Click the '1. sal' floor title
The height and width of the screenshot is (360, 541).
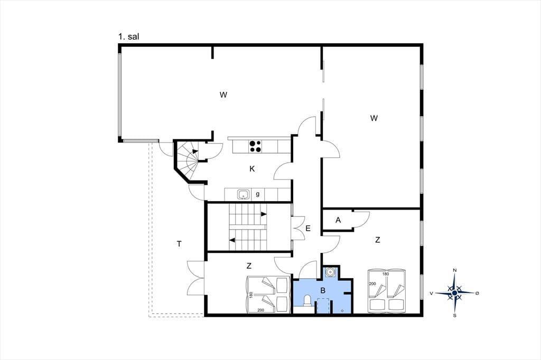(x=129, y=36)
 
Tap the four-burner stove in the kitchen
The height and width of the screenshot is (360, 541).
(x=255, y=146)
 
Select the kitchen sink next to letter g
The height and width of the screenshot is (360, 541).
(x=244, y=194)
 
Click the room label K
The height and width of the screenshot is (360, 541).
(x=252, y=168)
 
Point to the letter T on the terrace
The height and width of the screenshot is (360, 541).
(x=179, y=244)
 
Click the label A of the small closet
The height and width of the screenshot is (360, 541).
(x=338, y=220)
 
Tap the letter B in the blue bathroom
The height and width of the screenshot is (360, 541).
(x=323, y=291)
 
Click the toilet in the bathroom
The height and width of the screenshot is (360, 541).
(x=307, y=301)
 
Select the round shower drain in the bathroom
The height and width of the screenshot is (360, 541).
(x=331, y=272)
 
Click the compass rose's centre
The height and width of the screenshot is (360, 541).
(x=455, y=293)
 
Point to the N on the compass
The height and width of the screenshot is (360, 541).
(x=455, y=270)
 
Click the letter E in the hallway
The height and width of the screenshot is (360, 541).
(x=308, y=228)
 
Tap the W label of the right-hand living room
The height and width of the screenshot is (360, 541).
(x=374, y=118)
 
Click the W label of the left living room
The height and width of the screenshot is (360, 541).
(x=223, y=94)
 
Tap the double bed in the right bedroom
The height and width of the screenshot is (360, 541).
(x=387, y=291)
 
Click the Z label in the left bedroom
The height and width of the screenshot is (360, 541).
(x=249, y=266)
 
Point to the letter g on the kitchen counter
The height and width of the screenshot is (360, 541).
(x=258, y=194)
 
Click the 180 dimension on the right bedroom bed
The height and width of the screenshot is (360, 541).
(x=385, y=274)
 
